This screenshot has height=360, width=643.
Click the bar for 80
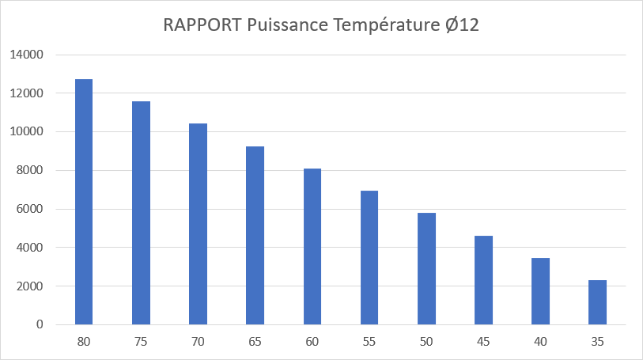[x=84, y=202]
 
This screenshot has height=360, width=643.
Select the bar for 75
[x=141, y=213]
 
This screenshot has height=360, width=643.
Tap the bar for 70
[x=198, y=224]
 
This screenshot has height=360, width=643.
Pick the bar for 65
[x=255, y=235]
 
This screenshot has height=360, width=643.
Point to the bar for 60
[x=312, y=246]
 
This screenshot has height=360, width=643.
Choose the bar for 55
[x=369, y=257]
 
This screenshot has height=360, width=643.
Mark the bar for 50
[x=426, y=268]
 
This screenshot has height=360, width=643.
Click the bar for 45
[x=483, y=280]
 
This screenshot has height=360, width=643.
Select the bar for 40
[x=540, y=291]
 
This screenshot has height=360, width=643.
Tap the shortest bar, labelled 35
[x=597, y=302]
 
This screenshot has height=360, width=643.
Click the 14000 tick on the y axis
[x=27, y=55]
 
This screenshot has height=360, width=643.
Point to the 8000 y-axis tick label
[x=30, y=170]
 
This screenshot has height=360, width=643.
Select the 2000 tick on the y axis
[x=30, y=286]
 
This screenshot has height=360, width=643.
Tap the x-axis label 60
[x=312, y=341]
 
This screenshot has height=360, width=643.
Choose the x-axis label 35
[x=597, y=341]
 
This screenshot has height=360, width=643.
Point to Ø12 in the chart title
[x=460, y=25]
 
